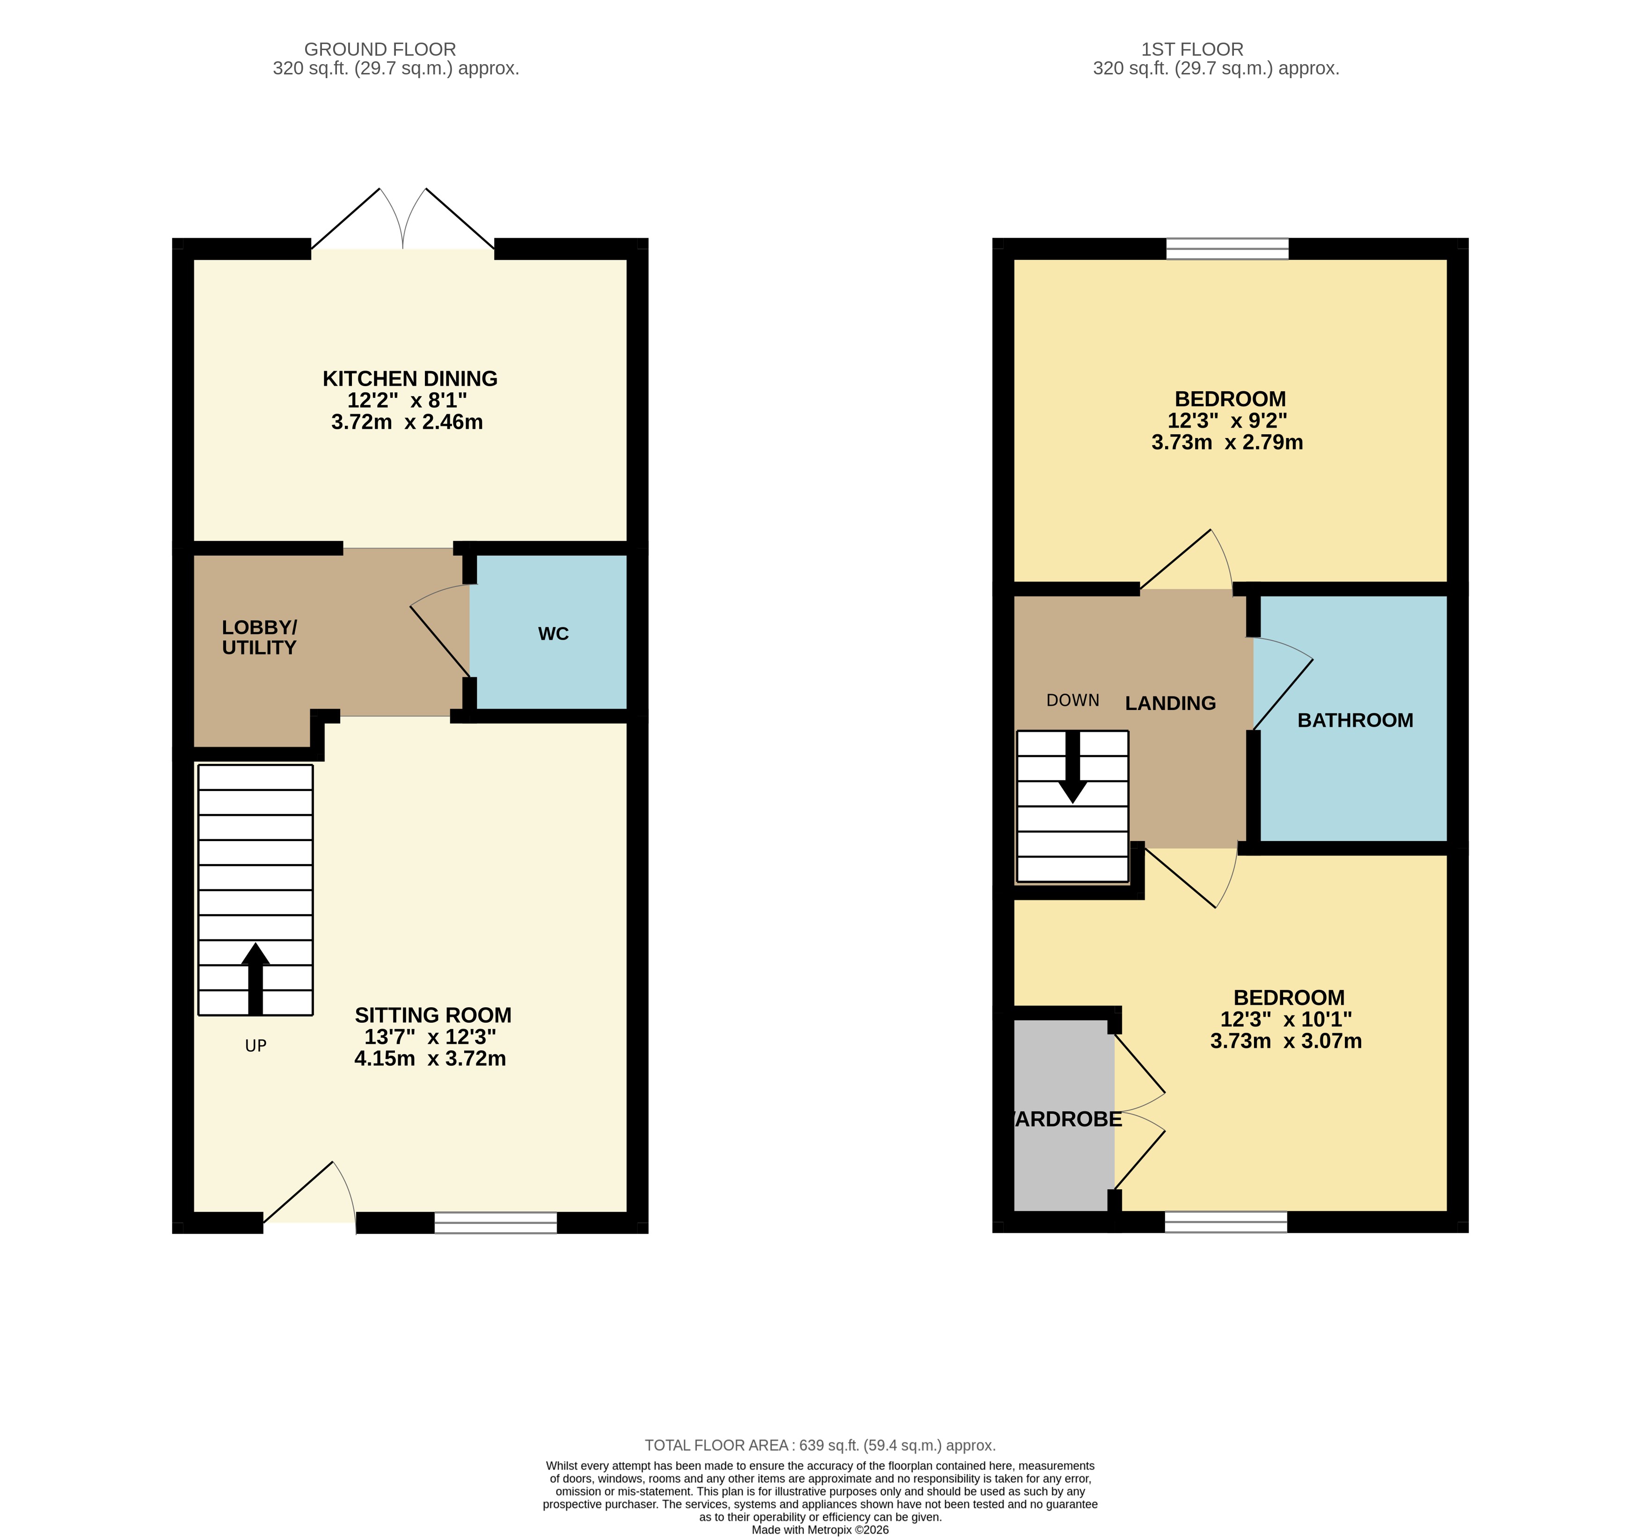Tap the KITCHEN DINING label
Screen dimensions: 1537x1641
tap(409, 379)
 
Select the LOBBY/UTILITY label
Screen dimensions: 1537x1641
tap(258, 637)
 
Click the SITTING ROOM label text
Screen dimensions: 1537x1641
tap(432, 1015)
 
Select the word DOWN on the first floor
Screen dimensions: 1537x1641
tap(1072, 700)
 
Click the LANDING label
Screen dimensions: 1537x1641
tap(1170, 703)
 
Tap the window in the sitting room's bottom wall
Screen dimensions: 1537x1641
tap(495, 1222)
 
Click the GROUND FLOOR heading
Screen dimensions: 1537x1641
tap(379, 50)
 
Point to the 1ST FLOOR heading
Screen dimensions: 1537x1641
tap(1192, 50)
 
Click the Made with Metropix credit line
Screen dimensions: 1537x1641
tap(820, 1530)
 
